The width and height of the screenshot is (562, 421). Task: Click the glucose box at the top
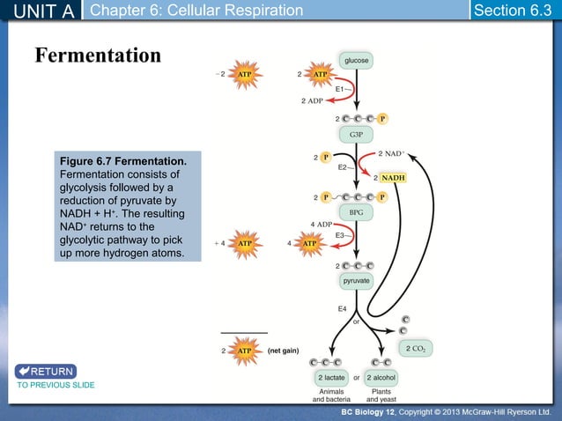(356, 60)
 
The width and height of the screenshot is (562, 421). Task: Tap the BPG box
(356, 212)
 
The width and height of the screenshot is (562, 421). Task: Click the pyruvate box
(356, 280)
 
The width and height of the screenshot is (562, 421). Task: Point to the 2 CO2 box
(415, 349)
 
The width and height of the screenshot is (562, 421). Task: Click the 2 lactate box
(332, 377)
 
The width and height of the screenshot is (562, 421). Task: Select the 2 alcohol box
(383, 377)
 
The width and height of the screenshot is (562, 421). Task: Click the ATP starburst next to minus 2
(246, 75)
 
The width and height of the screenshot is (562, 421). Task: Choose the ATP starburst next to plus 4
(246, 242)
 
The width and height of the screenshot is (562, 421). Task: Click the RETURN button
(46, 371)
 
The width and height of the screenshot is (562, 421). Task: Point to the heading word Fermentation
(98, 55)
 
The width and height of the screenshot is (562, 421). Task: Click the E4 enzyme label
(344, 308)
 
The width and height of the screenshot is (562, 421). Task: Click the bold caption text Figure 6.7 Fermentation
(122, 162)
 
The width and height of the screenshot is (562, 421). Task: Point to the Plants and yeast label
(382, 395)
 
